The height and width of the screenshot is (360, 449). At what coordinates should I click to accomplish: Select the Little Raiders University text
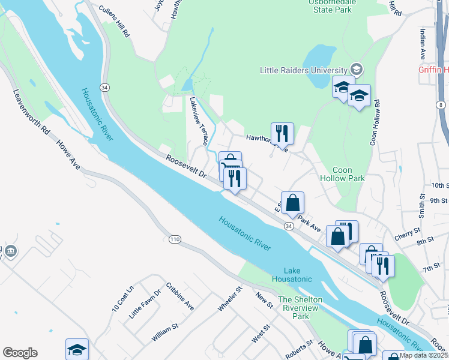coord(304,70)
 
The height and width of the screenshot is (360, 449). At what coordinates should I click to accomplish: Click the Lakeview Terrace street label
coord(199,121)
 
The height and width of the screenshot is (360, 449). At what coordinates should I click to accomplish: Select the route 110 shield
coord(175,239)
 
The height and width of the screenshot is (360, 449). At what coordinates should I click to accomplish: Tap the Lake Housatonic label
coord(292,274)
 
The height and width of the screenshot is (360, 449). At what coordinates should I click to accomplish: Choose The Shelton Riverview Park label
coord(300,308)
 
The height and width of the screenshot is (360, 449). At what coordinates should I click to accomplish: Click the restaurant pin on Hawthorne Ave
coord(282,133)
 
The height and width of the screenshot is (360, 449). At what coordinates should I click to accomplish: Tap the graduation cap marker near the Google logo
coord(77,349)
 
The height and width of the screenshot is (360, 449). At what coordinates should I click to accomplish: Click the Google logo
coord(20,353)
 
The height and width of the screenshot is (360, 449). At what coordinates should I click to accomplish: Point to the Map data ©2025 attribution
coord(423,355)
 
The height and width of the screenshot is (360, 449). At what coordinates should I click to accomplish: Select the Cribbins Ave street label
coord(181,296)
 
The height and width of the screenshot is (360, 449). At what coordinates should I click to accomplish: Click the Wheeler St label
coord(230,299)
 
